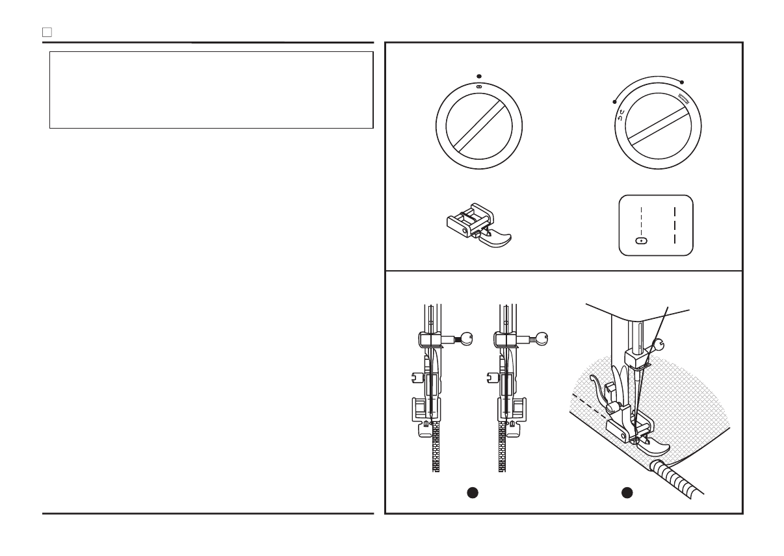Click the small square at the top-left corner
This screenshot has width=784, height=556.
coord(46,31)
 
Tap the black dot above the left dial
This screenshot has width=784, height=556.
coord(479,75)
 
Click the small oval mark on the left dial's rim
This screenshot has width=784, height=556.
coord(479,86)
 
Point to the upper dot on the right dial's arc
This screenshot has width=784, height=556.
coord(682,82)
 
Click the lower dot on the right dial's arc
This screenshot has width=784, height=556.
coord(615,102)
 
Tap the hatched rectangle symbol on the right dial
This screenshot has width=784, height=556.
coord(683,99)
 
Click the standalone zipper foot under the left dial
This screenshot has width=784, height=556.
coord(475,223)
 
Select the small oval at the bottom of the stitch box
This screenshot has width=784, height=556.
coord(642,241)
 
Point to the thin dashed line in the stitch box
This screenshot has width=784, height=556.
coord(642,221)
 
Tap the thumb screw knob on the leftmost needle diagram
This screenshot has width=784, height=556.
coord(465,337)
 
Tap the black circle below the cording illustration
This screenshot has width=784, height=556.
coord(627,492)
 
